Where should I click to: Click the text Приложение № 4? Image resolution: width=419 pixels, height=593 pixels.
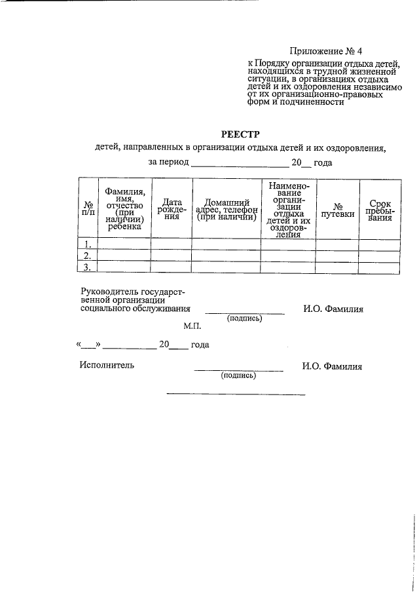325,51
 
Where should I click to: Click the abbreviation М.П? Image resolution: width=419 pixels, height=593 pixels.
192,326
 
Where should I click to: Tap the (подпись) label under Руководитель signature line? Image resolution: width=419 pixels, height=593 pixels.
244,318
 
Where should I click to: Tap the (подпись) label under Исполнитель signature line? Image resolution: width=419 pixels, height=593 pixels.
238,375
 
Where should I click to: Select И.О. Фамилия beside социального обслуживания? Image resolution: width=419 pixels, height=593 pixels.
333,309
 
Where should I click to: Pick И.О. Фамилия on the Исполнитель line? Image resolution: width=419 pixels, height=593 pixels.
332,366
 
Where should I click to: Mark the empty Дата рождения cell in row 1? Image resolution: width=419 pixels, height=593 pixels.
171,243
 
